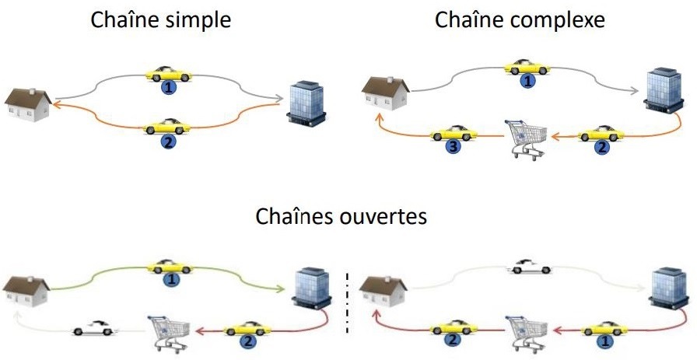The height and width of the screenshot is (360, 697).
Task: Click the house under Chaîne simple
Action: coord(29,104)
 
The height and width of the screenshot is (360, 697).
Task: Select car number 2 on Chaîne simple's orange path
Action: coord(166,126)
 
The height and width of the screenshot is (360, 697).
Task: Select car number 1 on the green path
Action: coord(170,266)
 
